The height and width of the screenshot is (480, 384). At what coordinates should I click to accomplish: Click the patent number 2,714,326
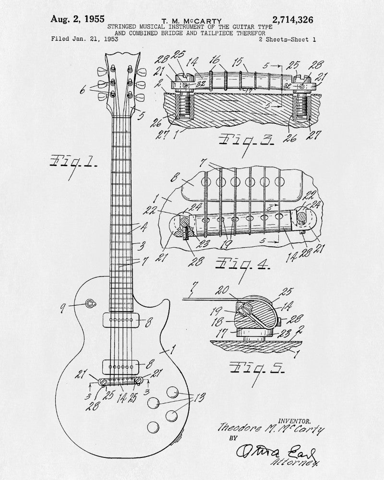coord(292,20)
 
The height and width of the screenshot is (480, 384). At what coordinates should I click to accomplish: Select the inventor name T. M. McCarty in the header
coord(185,21)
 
